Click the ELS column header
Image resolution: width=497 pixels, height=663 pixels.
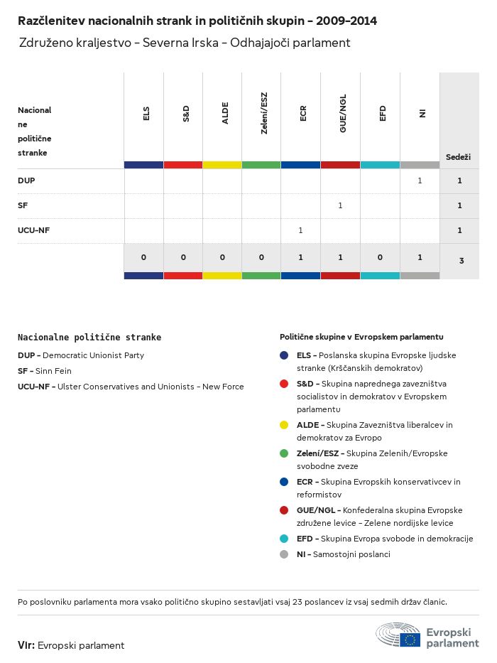click(x=146, y=114)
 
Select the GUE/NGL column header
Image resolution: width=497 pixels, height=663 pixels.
click(x=343, y=118)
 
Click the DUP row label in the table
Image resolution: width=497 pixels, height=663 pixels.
click(x=26, y=180)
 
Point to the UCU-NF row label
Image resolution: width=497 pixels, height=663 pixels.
click(x=33, y=230)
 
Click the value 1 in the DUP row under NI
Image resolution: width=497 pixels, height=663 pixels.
click(x=420, y=180)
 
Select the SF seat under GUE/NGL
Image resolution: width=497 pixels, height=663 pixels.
click(x=340, y=205)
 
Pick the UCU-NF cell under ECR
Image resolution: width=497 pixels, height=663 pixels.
click(x=300, y=230)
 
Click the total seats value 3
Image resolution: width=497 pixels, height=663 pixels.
click(x=461, y=261)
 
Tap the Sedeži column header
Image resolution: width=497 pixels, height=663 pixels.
click(x=458, y=156)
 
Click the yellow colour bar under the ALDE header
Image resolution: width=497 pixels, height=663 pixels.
click(x=222, y=165)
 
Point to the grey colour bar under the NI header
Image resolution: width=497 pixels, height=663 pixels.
click(x=420, y=165)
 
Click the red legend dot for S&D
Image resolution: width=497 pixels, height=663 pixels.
click(x=284, y=384)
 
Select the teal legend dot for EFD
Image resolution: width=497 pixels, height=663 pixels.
click(x=284, y=539)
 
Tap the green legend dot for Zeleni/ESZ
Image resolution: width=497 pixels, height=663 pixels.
click(x=284, y=453)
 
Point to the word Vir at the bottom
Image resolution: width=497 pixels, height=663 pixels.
click(x=26, y=645)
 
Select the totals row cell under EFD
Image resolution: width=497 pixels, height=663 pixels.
click(x=380, y=257)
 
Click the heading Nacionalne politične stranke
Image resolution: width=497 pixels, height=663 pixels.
click(x=89, y=338)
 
